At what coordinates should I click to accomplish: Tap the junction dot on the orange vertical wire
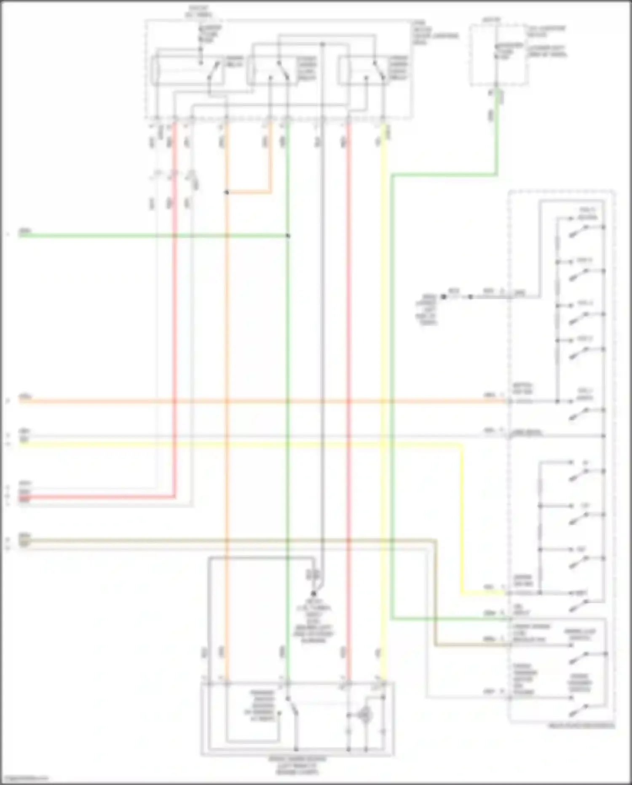click(x=227, y=192)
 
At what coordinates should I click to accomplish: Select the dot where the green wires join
click(x=288, y=235)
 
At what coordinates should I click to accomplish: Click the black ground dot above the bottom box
click(x=313, y=593)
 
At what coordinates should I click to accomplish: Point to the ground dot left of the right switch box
click(x=444, y=297)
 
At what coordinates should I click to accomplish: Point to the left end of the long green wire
click(x=20, y=235)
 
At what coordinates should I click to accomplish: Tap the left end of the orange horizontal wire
click(x=20, y=401)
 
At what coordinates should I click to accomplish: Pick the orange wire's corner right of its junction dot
click(x=270, y=192)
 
